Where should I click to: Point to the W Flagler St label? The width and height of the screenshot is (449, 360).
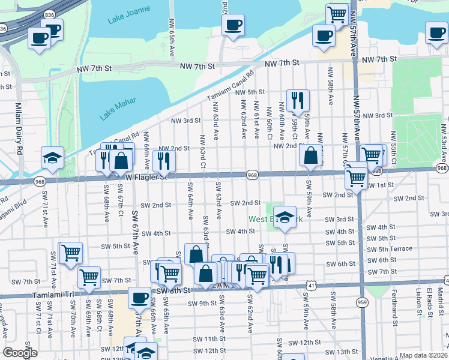146,177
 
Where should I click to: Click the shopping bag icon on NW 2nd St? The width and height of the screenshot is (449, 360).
310,155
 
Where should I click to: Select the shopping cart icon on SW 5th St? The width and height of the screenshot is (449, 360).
70,252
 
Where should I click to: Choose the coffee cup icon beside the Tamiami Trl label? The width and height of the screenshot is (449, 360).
139,297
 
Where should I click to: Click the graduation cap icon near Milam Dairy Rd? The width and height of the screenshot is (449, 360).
52,157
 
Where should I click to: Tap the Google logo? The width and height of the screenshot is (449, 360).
20,353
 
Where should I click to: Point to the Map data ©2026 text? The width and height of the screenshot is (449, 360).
423,355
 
